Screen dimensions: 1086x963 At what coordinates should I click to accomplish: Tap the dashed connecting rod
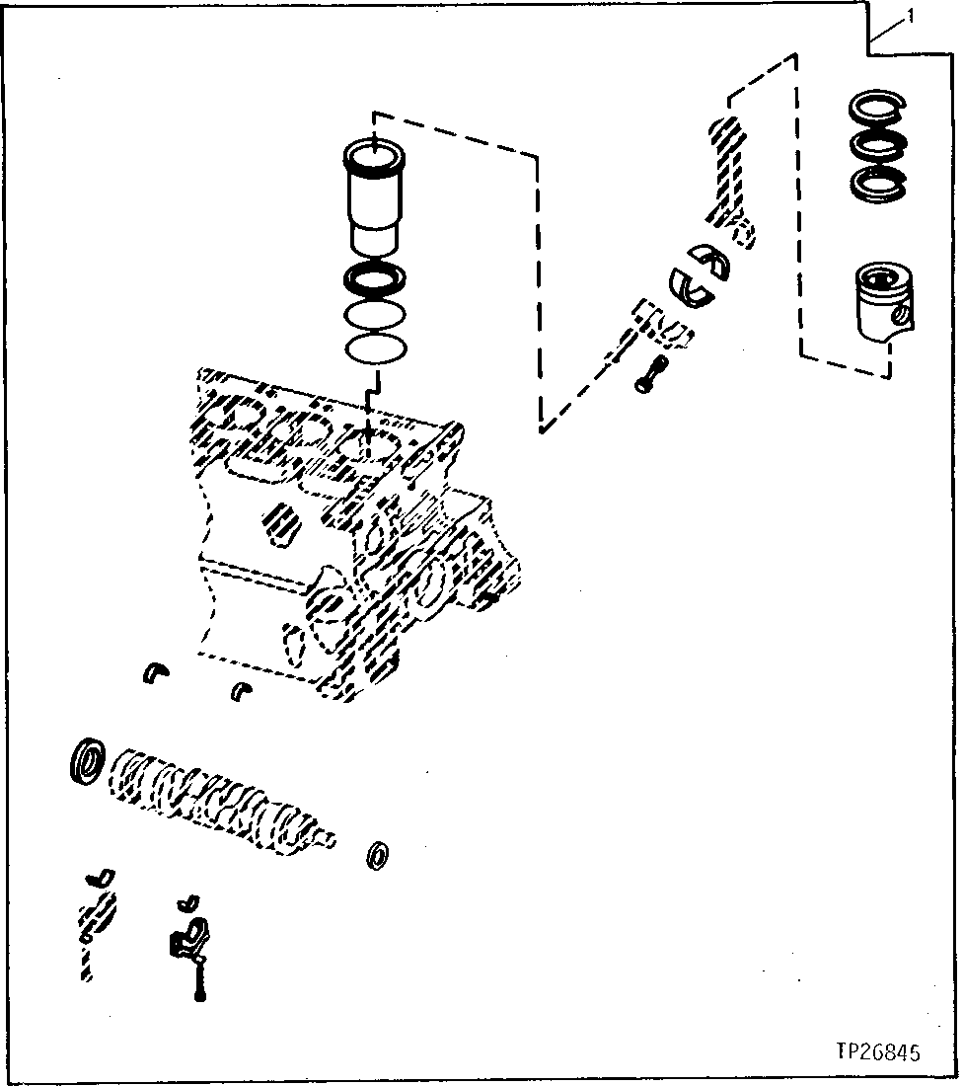tap(729, 178)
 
